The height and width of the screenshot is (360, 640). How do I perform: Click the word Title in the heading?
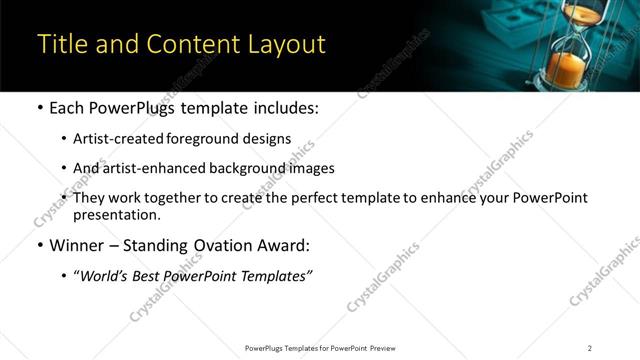[61, 45]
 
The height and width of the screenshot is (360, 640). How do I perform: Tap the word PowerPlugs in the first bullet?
[137, 107]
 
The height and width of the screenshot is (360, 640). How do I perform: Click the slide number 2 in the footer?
[590, 348]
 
